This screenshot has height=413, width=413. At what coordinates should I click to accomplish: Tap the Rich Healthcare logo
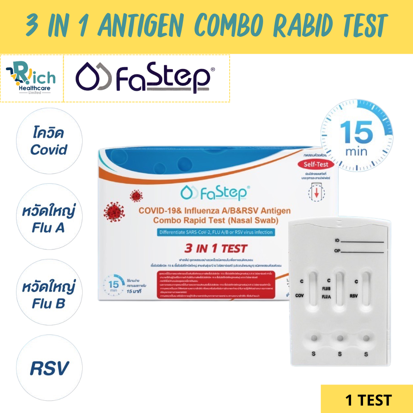pos(31,78)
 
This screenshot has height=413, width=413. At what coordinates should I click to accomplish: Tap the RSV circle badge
pos(49,368)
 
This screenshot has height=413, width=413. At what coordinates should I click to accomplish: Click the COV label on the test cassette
pos(299,296)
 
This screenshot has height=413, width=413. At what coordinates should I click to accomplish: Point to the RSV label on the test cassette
pos(354,296)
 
